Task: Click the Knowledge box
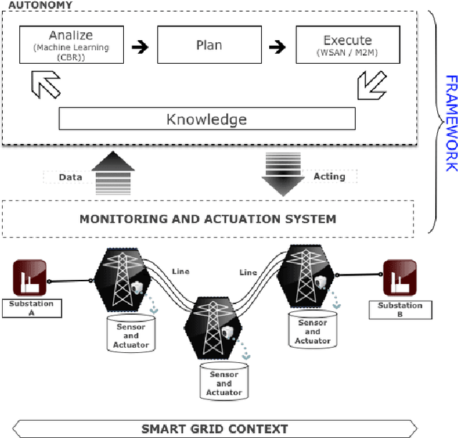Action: coord(206,119)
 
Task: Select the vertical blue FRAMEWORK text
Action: coord(450,122)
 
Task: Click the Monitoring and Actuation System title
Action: coord(208,218)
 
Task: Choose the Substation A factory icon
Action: coord(30,278)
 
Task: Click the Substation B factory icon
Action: coord(399,277)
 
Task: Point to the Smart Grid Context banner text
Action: coord(214,429)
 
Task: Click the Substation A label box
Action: coord(31,308)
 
